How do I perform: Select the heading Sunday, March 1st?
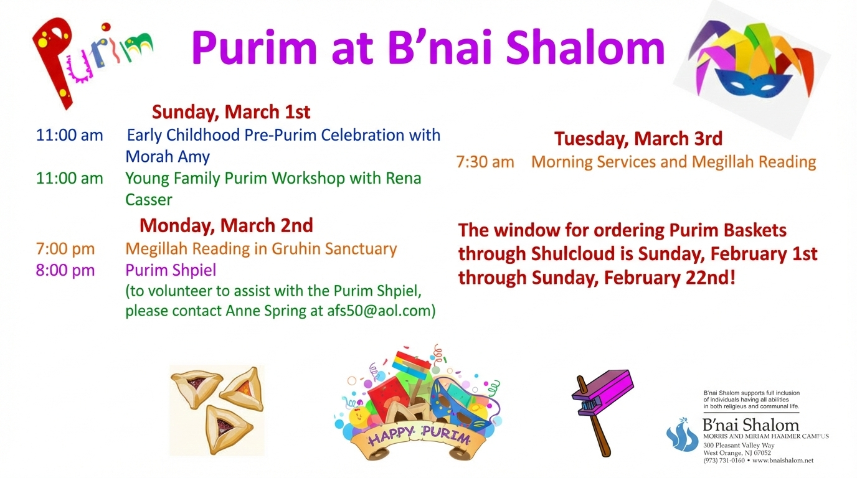(231, 113)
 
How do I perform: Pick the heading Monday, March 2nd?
(226, 225)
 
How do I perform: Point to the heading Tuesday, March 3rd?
(638, 138)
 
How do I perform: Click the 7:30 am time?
(485, 162)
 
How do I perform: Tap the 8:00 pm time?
(65, 270)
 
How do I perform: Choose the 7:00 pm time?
(65, 249)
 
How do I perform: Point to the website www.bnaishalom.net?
(783, 461)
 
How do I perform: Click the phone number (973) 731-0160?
(724, 461)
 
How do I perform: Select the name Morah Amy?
(168, 156)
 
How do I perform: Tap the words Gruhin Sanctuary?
(333, 249)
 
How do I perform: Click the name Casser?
(149, 200)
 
